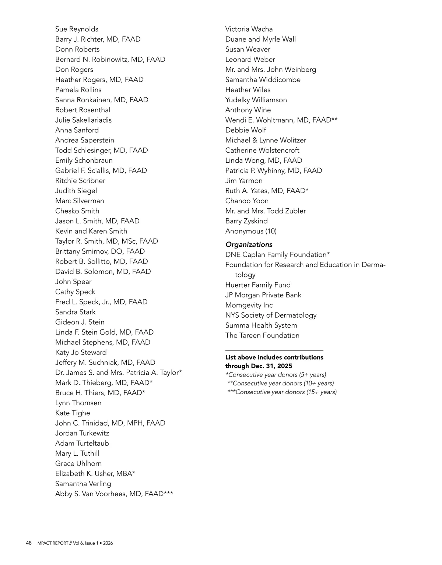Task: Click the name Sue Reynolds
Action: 77,29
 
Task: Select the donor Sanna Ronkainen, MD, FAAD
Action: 102,100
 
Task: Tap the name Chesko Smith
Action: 77,211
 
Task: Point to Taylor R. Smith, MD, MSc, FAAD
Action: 106,241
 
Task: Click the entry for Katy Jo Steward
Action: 81,352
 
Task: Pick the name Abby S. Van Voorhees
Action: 114,494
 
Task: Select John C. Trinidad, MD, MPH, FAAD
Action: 110,423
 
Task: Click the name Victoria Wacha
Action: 249,29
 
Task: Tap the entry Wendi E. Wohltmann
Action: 281,120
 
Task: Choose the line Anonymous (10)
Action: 251,231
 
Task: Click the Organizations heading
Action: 249,244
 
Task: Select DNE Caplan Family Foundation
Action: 277,255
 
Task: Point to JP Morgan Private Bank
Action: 263,295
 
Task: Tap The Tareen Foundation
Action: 262,335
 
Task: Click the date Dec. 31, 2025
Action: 271,366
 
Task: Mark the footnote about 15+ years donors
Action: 282,392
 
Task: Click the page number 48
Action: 29,543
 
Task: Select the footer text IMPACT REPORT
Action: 52,543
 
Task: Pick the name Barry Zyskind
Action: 246,221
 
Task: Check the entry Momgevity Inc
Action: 249,305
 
